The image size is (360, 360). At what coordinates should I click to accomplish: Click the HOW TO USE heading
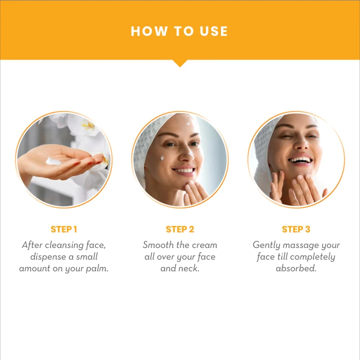(x=179, y=31)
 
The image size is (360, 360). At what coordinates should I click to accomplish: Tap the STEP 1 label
(x=64, y=229)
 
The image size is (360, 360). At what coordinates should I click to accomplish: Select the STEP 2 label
(x=180, y=229)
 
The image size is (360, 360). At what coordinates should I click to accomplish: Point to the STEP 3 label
(x=296, y=229)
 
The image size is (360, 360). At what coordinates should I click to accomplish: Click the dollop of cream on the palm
(x=53, y=161)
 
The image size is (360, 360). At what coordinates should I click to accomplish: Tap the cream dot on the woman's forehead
(x=189, y=123)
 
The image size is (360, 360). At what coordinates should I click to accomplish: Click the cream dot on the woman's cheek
(x=162, y=157)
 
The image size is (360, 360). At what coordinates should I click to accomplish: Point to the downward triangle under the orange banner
(x=180, y=63)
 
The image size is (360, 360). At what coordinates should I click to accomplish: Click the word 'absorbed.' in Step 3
(x=296, y=268)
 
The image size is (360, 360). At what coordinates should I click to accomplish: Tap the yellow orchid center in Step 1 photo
(x=88, y=126)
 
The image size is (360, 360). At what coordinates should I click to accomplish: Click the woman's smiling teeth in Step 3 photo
(x=299, y=160)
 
